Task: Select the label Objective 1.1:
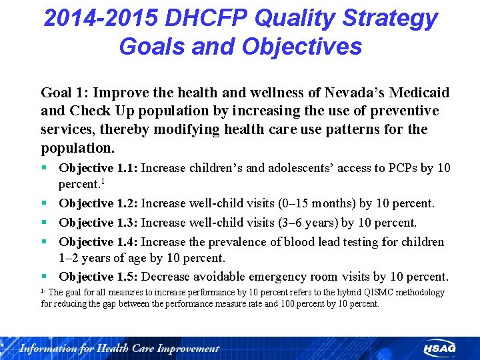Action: click(98, 168)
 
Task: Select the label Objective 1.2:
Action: click(98, 203)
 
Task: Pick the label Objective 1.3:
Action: click(98, 223)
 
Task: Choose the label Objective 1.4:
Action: click(98, 242)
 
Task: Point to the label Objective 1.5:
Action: click(98, 277)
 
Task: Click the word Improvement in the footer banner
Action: click(187, 348)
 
